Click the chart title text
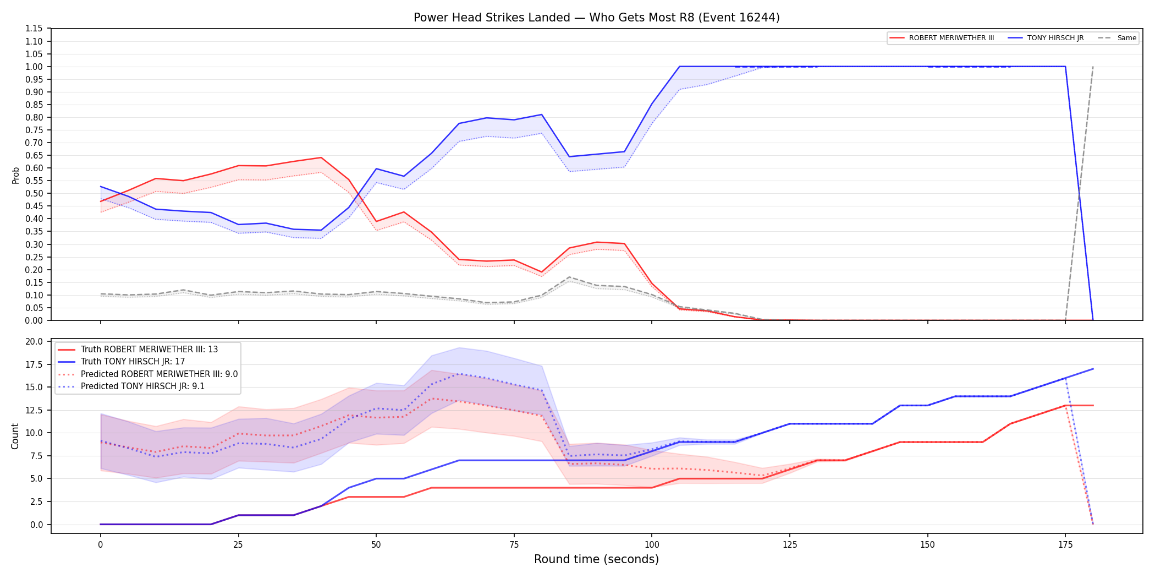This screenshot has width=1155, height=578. (596, 18)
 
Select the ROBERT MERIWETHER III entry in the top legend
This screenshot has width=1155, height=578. (942, 38)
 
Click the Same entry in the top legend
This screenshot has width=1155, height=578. (1117, 38)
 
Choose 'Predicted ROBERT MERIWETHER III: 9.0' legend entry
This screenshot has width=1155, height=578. (148, 374)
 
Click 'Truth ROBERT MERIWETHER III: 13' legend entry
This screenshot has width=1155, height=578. (137, 350)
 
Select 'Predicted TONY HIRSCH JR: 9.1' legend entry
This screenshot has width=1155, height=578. (131, 386)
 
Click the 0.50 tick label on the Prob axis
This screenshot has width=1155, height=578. (34, 193)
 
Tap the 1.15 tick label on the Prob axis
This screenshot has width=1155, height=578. (34, 29)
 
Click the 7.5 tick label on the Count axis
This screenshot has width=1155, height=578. (37, 456)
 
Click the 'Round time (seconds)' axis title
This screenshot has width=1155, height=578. (596, 559)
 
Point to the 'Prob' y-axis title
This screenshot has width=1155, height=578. (15, 175)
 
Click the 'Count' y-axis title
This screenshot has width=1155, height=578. (15, 436)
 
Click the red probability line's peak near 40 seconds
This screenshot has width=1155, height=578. (321, 157)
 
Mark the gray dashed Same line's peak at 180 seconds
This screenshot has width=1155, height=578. (1093, 67)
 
